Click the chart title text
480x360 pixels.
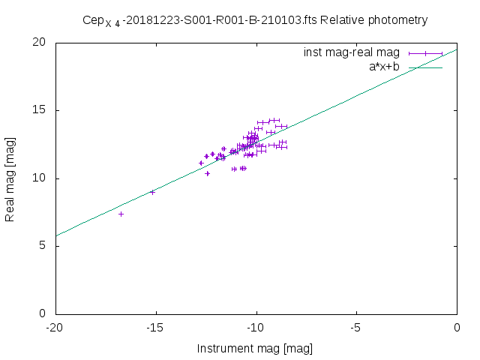(x=255, y=20)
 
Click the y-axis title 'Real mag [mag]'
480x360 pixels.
(x=10, y=178)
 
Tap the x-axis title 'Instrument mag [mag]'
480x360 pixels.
(x=255, y=349)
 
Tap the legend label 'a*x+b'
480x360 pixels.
(x=383, y=67)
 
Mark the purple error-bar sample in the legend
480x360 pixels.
(x=425, y=53)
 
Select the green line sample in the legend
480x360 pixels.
(x=425, y=67)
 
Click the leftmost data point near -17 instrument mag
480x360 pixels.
(x=121, y=214)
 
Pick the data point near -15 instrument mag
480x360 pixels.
(x=152, y=192)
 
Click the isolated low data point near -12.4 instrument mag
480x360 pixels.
(x=208, y=173)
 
